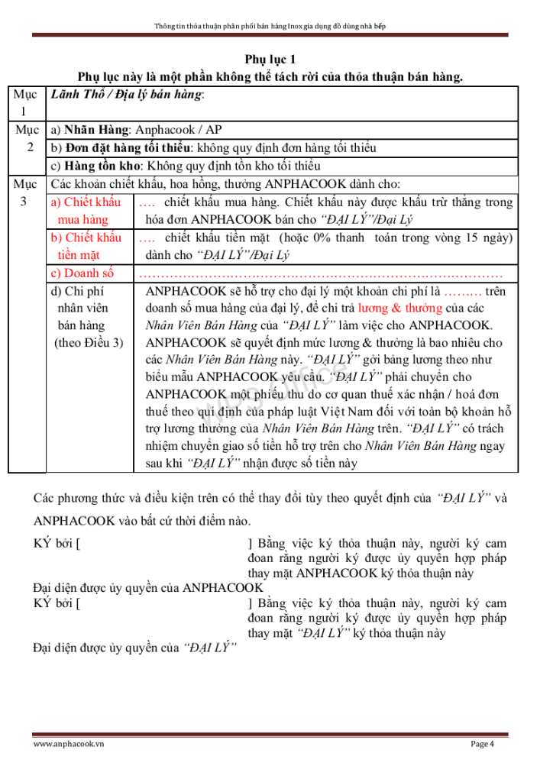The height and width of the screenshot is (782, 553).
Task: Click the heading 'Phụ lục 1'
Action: click(x=276, y=60)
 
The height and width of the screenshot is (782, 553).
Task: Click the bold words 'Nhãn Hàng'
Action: click(x=95, y=130)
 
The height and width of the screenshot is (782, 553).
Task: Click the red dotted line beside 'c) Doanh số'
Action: click(x=321, y=273)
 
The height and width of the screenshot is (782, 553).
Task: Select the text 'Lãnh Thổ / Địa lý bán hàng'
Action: click(x=127, y=95)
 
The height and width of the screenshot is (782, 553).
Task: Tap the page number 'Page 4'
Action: click(x=482, y=745)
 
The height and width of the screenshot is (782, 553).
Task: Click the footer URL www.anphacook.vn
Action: click(x=69, y=745)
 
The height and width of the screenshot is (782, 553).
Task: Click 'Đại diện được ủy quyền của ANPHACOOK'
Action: click(x=149, y=587)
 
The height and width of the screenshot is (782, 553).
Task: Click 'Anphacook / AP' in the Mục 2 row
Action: click(x=184, y=130)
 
